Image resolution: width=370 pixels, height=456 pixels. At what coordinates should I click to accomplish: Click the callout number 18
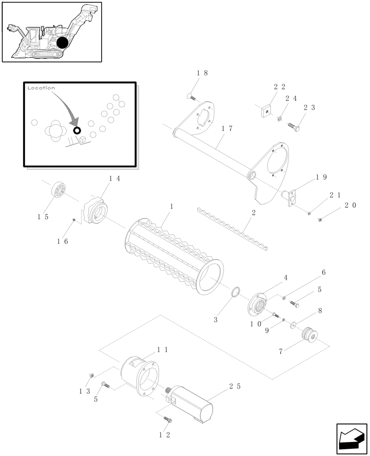tap(202, 73)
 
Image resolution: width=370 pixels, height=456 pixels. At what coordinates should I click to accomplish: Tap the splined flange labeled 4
tap(257, 306)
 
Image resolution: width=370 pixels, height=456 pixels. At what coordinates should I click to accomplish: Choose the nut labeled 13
tap(92, 376)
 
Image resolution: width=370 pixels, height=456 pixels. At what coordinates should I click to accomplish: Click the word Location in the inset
tap(41, 88)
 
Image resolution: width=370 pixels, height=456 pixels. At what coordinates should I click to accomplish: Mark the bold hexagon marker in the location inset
tap(77, 130)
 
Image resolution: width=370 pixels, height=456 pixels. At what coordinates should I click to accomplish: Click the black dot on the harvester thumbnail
tap(62, 43)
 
